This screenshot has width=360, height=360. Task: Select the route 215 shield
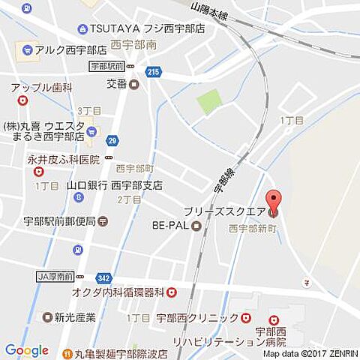(154, 71)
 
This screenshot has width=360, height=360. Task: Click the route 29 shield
(112, 140)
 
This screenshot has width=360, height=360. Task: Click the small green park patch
(210, 102)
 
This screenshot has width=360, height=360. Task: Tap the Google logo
(26, 350)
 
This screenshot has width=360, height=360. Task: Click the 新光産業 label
(69, 317)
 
